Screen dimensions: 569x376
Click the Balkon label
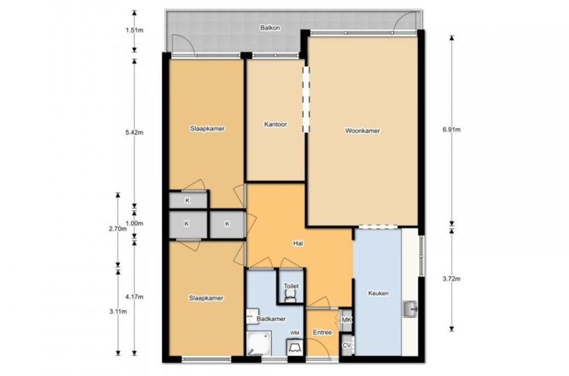270,28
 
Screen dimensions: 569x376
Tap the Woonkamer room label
362,131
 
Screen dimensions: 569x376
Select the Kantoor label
275,125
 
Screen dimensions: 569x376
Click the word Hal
298,244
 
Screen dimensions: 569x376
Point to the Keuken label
378,293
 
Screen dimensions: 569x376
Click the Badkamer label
271,319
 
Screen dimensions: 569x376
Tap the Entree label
322,332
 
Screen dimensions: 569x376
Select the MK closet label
347,320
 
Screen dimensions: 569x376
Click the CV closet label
347,345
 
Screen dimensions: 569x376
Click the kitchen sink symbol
410,309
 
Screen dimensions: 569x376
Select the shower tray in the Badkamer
259,343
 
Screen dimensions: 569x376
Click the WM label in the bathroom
294,333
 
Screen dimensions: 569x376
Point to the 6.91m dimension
452,129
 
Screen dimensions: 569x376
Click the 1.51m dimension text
134,30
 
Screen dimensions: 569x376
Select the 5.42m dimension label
134,132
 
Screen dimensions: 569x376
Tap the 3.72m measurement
452,279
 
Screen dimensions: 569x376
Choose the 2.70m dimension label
117,229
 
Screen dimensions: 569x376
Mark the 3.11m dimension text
117,311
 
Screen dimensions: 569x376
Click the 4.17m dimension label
134,297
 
